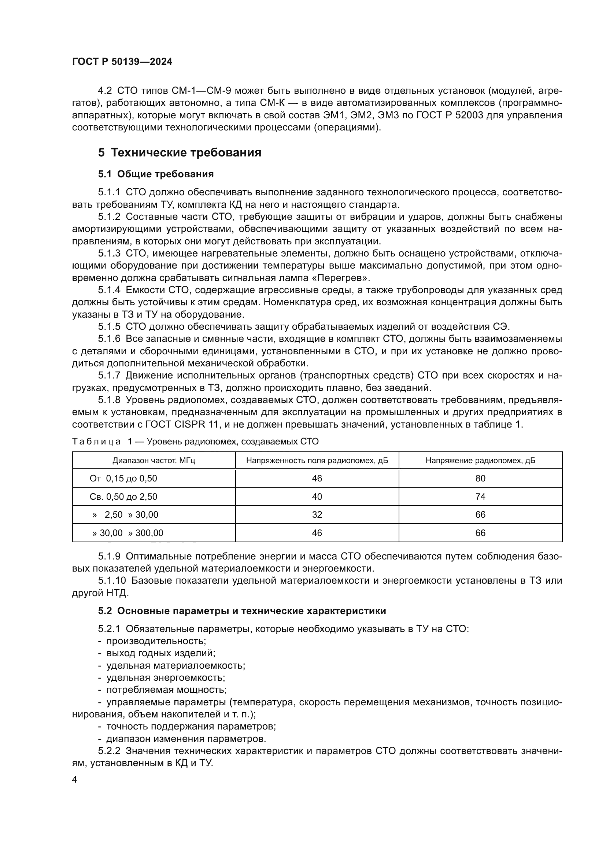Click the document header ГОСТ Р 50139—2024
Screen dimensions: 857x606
tap(122, 62)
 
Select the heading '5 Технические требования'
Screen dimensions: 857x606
tap(180, 153)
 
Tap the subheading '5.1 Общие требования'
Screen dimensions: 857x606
tap(156, 174)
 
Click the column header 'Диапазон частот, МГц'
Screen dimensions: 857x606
tap(154, 461)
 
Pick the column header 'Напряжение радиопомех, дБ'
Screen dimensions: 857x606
tap(480, 461)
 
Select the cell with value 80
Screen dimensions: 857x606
tap(480, 479)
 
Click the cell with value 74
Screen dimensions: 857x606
tap(480, 497)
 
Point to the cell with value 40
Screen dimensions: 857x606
tap(317, 497)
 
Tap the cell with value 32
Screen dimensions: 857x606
tap(317, 515)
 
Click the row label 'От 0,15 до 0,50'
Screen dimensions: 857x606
tap(123, 479)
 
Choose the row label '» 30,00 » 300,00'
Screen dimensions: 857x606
tap(128, 533)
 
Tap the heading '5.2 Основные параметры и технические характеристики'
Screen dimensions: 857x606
tap(242, 611)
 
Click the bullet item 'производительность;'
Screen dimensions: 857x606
tap(156, 641)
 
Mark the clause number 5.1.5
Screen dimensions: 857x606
tap(109, 326)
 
